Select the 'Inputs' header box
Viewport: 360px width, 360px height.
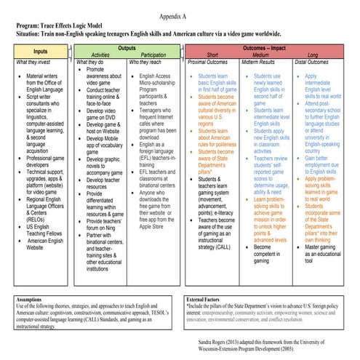[40, 52]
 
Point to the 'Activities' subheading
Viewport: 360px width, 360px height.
[100, 55]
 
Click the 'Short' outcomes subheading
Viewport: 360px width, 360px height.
[212, 55]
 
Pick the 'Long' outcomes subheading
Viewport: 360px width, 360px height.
[313, 55]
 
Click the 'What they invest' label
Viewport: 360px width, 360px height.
[35, 63]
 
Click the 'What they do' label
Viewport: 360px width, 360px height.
[92, 63]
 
